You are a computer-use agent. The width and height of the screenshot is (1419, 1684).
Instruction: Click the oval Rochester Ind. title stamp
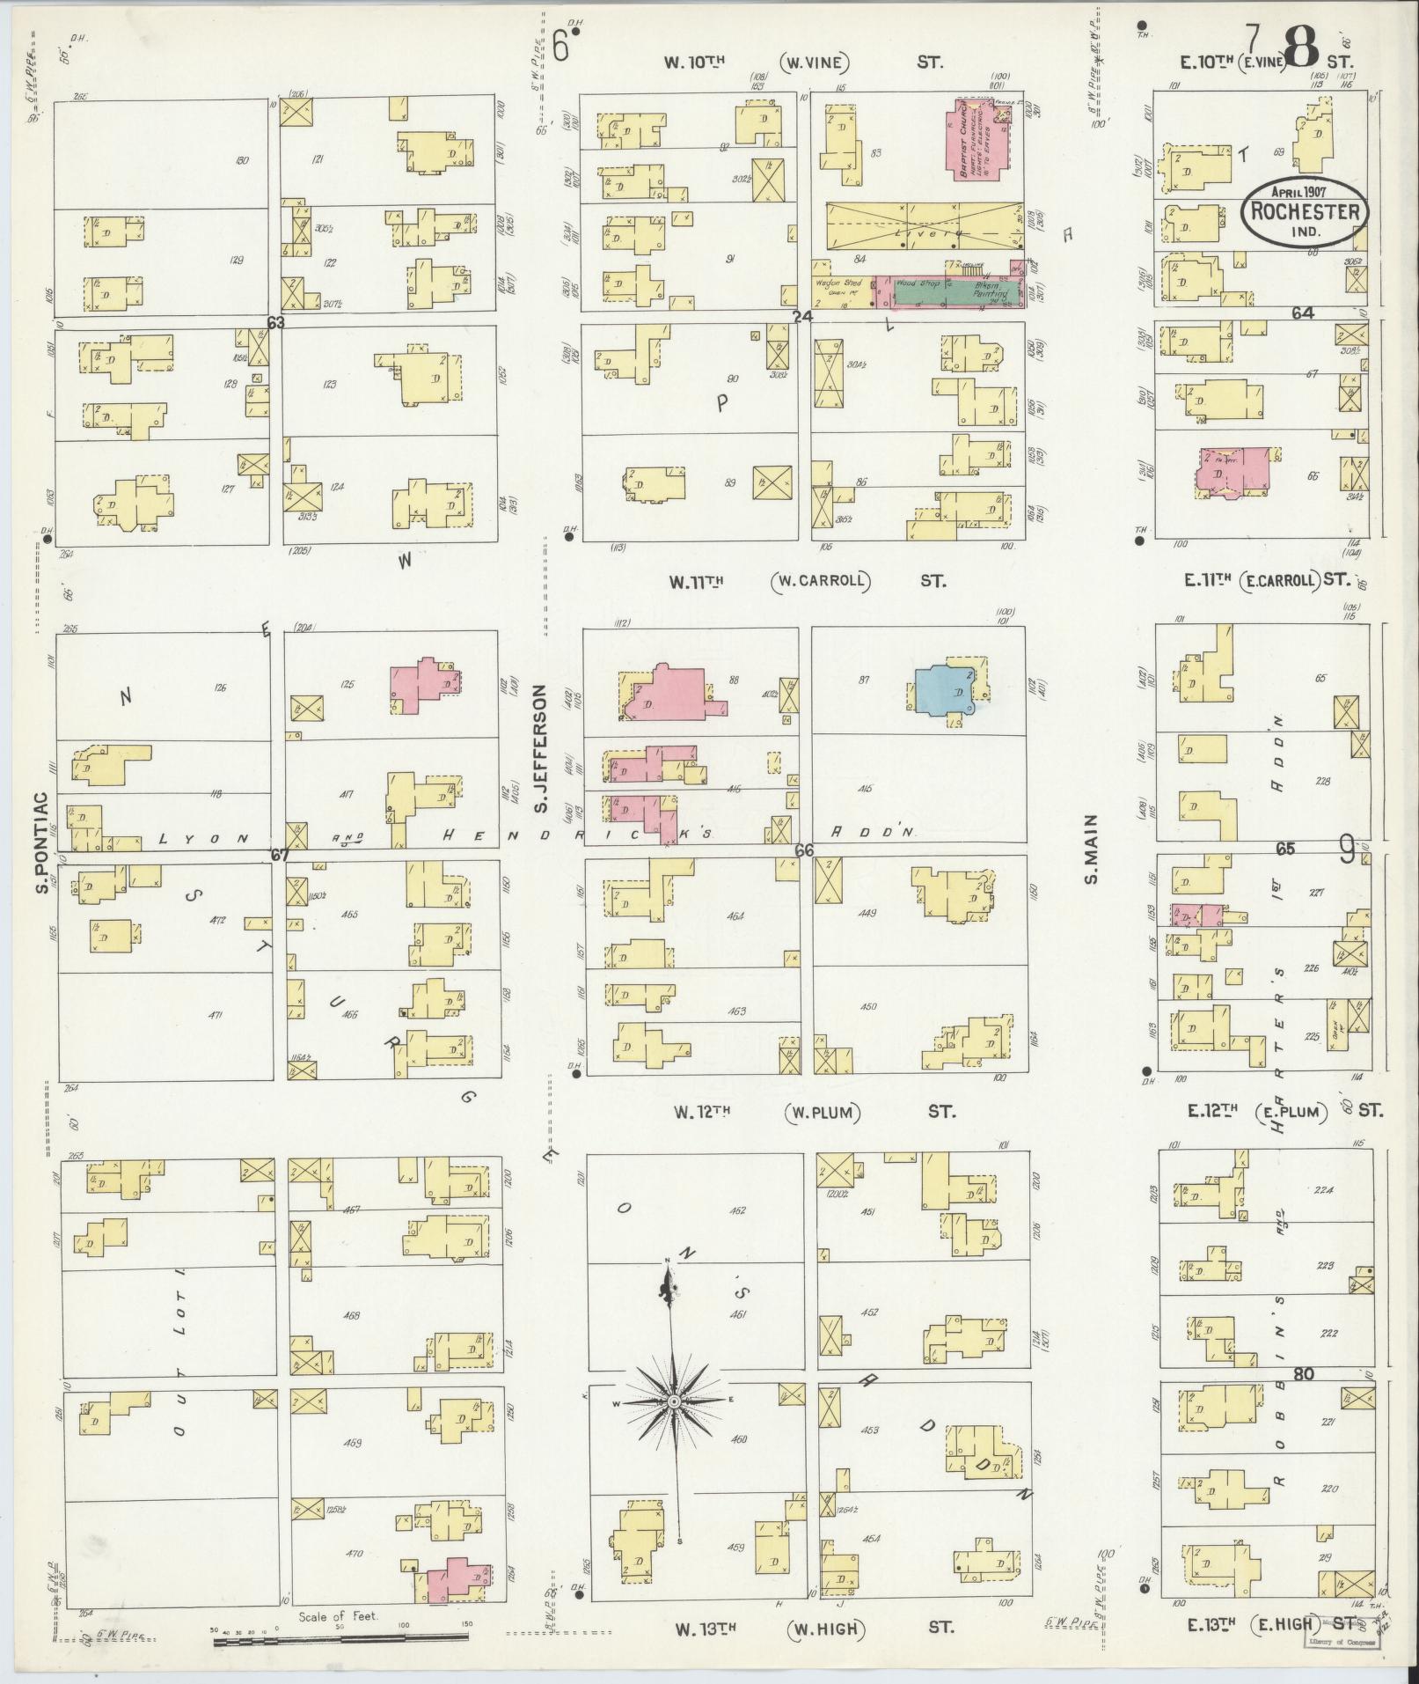coord(1304,212)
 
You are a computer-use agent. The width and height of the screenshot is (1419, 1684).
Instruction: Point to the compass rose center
coord(673,1401)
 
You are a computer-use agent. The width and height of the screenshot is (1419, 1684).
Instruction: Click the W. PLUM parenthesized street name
coord(821,1112)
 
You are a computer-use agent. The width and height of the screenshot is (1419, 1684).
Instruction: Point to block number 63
coord(276,323)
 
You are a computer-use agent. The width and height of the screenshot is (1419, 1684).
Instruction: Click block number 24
coord(801,316)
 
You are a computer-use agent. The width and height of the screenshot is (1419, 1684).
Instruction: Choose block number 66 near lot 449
coord(803,850)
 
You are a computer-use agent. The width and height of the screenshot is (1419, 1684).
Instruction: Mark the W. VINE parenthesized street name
coord(818,63)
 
